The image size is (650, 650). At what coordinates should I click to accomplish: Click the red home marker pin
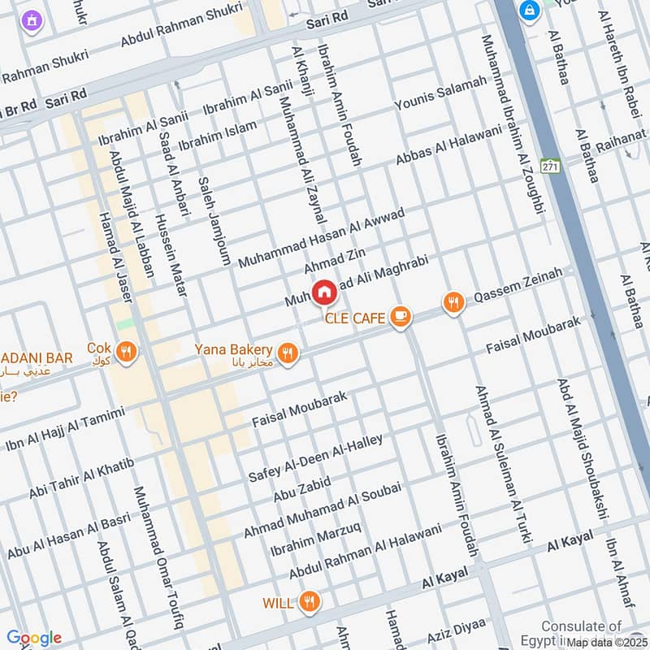pos(323,291)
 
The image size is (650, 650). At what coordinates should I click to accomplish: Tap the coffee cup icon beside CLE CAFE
pos(399,317)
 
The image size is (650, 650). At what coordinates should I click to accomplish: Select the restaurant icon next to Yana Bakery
pos(287,353)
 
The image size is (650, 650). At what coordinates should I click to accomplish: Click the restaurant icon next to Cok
pos(126,351)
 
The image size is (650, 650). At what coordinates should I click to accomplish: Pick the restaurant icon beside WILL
pos(308,602)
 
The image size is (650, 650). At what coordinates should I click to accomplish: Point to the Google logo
pos(33,638)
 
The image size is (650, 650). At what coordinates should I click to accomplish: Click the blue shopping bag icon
pos(530,11)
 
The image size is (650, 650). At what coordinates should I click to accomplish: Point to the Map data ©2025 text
pos(606,642)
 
